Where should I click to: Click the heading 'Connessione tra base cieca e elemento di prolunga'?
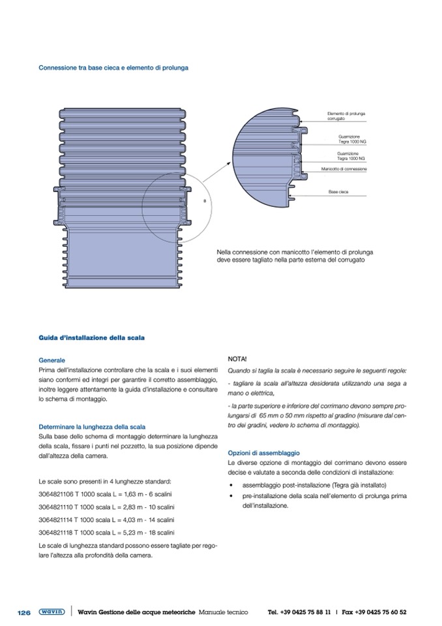[x=114, y=67]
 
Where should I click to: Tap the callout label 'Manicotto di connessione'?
[x=344, y=169]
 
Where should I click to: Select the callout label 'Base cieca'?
[x=338, y=193]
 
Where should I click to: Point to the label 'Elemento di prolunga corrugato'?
[x=346, y=116]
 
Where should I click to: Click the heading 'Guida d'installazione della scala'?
[x=91, y=337]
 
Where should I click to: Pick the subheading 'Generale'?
[x=52, y=360]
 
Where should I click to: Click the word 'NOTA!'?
[x=237, y=359]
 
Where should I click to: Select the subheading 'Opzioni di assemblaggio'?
[x=263, y=452]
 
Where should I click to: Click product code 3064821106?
[x=58, y=493]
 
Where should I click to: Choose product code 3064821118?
[x=58, y=532]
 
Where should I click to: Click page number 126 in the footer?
[x=24, y=612]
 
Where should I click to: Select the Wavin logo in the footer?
[x=51, y=612]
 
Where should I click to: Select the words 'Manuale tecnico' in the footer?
[x=224, y=612]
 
